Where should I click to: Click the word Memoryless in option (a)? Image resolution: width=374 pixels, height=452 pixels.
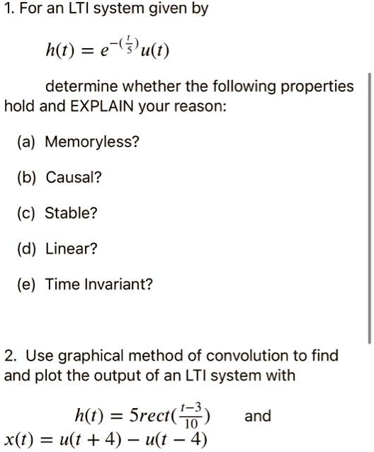92,142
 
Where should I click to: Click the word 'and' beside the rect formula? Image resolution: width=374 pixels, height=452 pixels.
257,416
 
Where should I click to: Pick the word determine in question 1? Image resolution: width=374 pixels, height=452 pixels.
77,86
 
